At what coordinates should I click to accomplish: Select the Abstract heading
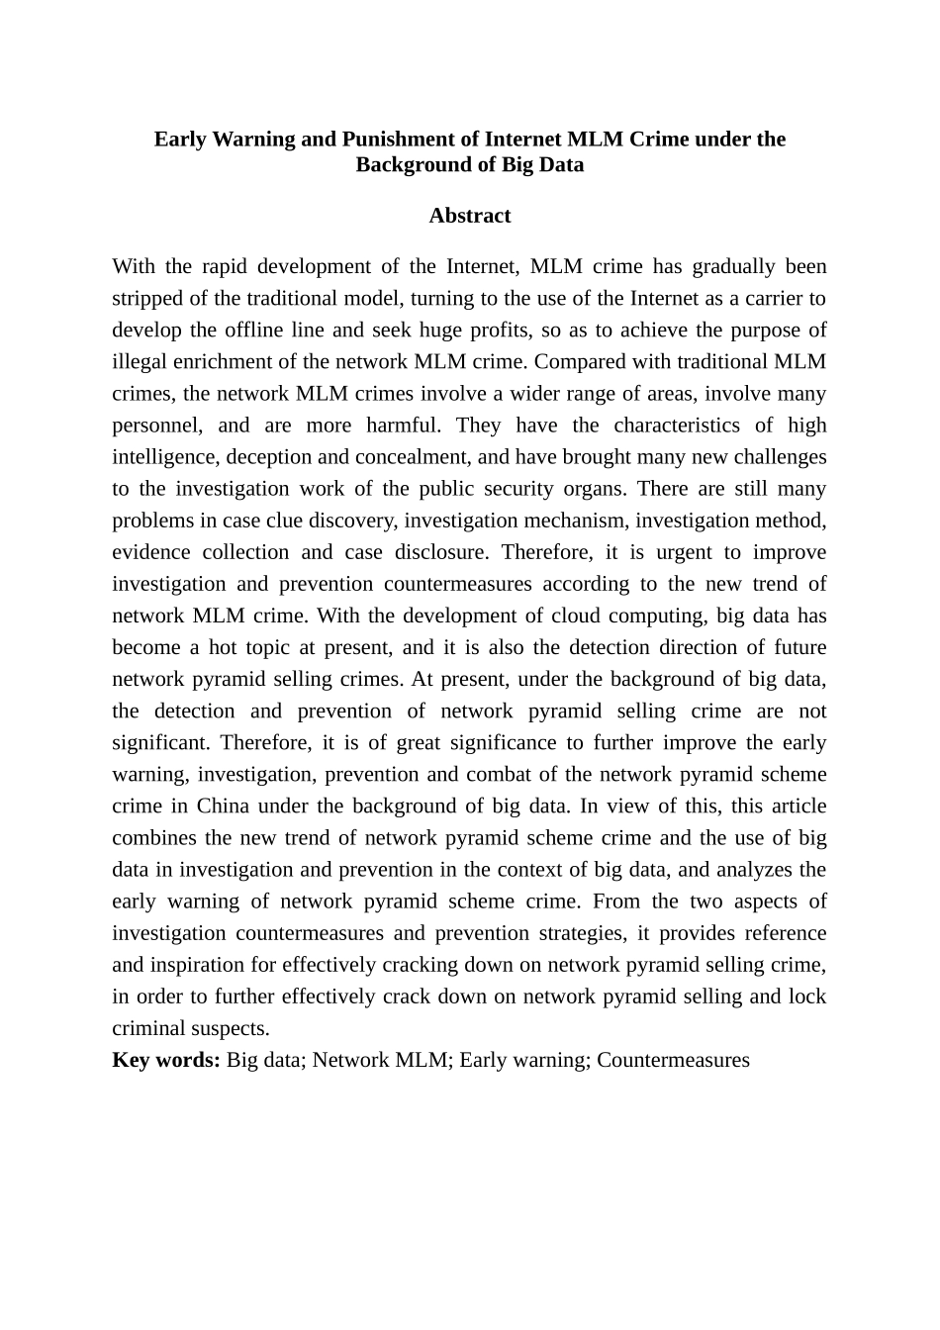pyautogui.click(x=470, y=216)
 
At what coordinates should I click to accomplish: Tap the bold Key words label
pyautogui.click(x=166, y=1060)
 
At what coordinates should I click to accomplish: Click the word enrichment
pyautogui.click(x=223, y=361)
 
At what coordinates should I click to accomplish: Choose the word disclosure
pyautogui.click(x=444, y=551)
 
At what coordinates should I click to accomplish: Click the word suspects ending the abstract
pyautogui.click(x=230, y=1028)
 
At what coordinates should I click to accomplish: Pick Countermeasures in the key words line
pyautogui.click(x=673, y=1060)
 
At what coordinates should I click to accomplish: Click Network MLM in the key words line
pyautogui.click(x=380, y=1060)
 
